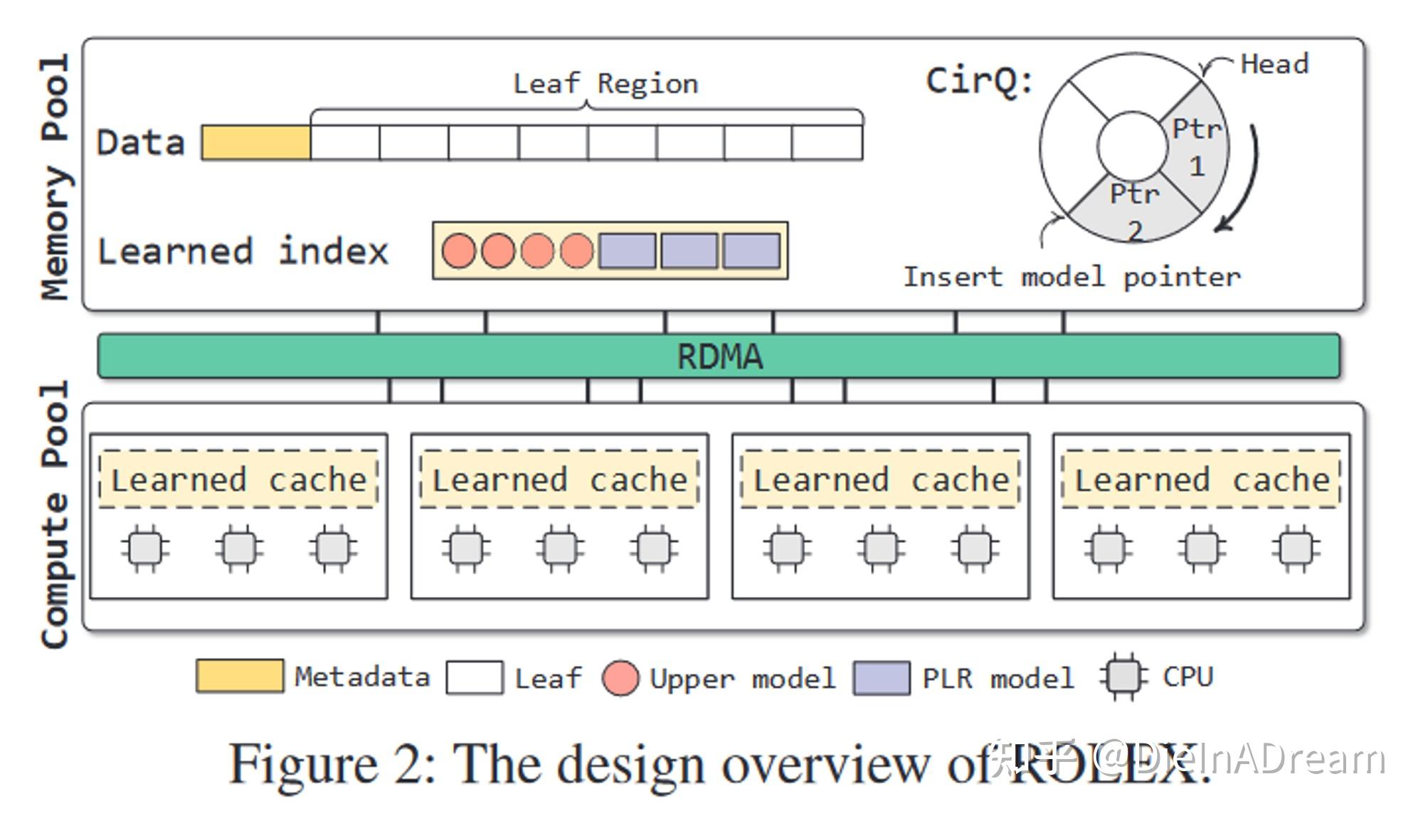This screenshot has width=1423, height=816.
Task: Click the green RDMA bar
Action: point(719,356)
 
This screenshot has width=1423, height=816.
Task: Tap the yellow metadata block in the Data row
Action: point(256,142)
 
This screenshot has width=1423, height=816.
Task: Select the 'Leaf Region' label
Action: point(605,84)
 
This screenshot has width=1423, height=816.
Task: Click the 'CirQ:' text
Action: point(979,80)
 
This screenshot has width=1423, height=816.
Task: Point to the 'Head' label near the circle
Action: point(1274,64)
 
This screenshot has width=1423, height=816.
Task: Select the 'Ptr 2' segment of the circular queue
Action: point(1134,211)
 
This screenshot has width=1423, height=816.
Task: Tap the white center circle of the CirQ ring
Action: point(1132,145)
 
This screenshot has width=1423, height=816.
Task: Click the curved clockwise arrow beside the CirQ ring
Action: point(1245,178)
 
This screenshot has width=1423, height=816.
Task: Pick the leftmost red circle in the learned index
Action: point(459,251)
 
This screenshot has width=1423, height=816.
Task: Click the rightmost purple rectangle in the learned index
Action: point(751,251)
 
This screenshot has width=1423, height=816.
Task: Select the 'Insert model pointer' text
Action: point(1071,276)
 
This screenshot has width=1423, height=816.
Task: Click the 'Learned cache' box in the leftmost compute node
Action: point(238,479)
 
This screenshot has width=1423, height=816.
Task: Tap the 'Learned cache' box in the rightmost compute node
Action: point(1201,479)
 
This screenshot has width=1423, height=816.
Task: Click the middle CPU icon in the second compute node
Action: point(560,548)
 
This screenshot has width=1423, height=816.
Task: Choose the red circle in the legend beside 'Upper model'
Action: point(620,677)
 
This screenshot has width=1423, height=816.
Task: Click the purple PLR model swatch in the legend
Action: point(882,677)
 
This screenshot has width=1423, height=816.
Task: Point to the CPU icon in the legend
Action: point(1123,677)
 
